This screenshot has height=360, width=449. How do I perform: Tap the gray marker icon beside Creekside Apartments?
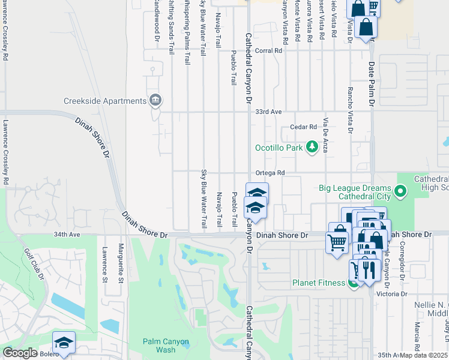[x=155, y=100]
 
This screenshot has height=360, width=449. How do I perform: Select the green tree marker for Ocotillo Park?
[x=312, y=146]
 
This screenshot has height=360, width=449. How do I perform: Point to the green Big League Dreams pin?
[x=401, y=192]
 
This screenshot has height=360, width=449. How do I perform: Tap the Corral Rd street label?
[x=268, y=52]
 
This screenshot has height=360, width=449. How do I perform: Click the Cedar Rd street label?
[x=303, y=127]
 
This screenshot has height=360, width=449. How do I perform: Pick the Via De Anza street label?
[x=325, y=136]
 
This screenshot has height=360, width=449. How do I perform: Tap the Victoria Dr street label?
[x=391, y=294]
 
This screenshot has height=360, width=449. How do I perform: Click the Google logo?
[x=20, y=353]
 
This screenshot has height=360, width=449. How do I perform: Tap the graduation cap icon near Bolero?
[x=64, y=342]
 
